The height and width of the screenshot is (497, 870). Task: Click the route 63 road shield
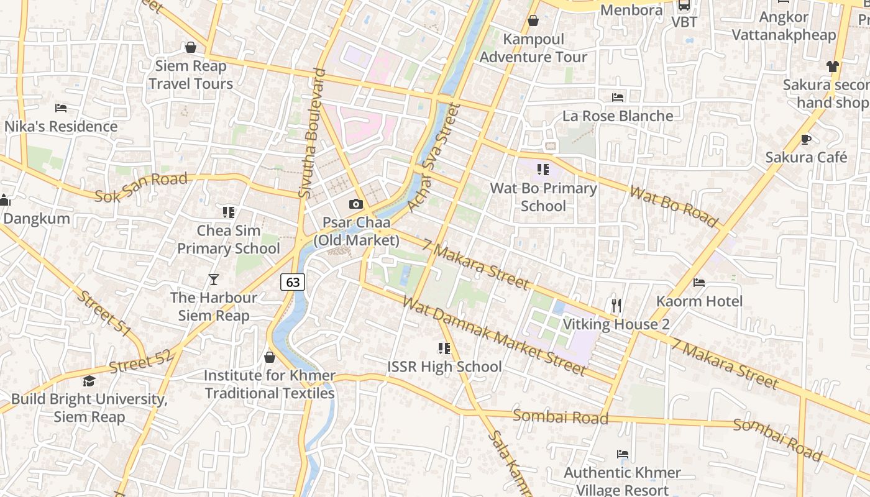[293, 282]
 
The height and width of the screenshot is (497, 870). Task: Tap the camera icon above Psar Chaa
[355, 204]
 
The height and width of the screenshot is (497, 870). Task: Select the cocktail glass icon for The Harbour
[214, 280]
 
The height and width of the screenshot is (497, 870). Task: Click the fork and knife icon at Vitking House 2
[616, 305]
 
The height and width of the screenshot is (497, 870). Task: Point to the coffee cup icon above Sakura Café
[806, 139]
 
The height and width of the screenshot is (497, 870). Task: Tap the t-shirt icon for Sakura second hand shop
[832, 66]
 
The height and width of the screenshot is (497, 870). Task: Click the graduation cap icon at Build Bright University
[89, 381]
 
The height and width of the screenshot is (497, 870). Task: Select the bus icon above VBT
[684, 5]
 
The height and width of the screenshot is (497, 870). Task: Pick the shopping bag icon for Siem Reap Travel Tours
[191, 47]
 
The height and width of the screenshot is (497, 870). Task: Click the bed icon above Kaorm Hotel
[699, 283]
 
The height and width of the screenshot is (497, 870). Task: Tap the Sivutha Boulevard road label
[312, 134]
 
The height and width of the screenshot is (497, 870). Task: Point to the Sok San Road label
[141, 188]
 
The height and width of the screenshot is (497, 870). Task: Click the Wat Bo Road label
[674, 206]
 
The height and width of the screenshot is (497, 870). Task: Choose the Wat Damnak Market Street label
[494, 335]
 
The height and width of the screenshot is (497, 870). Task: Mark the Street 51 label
[104, 314]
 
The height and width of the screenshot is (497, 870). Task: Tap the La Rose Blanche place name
[618, 116]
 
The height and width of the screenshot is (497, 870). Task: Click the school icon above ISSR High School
[444, 348]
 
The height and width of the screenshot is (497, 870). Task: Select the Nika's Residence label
[61, 127]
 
